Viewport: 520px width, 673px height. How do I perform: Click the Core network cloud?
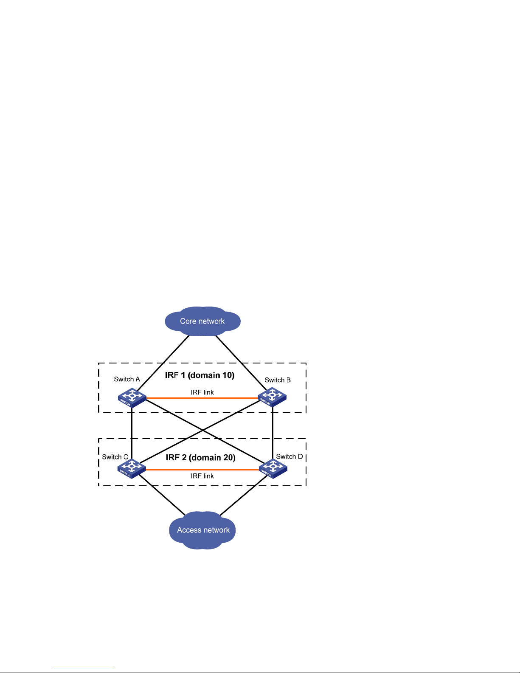(202, 321)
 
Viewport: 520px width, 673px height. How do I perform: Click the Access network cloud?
(203, 530)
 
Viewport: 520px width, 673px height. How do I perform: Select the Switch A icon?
(132, 398)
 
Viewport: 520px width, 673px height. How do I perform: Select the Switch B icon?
(272, 397)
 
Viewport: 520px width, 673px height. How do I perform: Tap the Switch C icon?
(132, 468)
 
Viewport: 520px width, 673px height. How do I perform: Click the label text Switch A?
(126, 379)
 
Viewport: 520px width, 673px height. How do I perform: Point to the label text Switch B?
(278, 380)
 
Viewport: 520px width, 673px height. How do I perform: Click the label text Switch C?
(115, 457)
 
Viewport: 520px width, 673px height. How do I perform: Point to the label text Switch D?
(290, 456)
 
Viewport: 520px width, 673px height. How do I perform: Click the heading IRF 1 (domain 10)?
(200, 375)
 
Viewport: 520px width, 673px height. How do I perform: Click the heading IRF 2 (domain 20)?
(200, 457)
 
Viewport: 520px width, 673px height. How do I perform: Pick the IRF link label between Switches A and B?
(202, 392)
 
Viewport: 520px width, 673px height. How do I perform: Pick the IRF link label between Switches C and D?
(202, 476)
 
